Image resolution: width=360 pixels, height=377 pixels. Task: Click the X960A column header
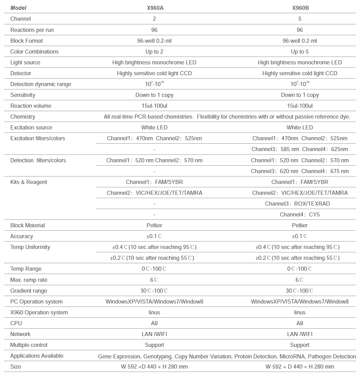154,8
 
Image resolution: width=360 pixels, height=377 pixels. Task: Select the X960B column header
300,8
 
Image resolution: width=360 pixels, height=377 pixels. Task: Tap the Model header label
18,8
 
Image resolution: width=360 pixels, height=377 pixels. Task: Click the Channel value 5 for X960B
300,19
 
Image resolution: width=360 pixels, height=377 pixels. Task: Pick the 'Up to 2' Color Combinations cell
154,51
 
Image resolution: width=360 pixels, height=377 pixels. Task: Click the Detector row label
21,73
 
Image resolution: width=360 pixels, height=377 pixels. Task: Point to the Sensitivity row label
23,95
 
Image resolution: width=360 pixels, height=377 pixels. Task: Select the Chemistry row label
23,117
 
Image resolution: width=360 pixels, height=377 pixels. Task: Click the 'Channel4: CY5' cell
300,214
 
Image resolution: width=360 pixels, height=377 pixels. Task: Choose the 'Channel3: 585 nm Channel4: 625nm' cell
300,149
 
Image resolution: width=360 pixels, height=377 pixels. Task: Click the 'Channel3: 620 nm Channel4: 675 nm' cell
300,171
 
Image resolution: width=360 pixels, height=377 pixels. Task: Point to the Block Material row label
27,225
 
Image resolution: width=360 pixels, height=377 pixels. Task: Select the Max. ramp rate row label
29,280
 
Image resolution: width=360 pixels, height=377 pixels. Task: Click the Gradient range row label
29,291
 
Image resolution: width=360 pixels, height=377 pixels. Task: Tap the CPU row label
16,323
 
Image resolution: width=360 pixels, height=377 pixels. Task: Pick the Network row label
20,334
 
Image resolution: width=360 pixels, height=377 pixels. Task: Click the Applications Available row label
37,356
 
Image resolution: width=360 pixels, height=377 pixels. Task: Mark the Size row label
16,366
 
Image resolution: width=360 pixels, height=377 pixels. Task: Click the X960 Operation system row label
39,312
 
